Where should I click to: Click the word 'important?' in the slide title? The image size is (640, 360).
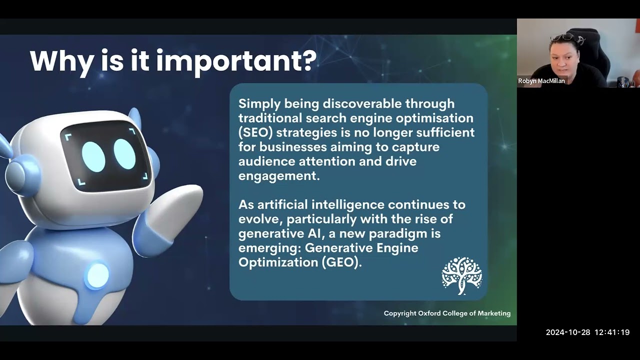pos(236,61)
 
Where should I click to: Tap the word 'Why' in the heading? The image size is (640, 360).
pos(61,61)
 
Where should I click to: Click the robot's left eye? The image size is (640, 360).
pos(93,156)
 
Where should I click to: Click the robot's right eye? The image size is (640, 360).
pos(124,153)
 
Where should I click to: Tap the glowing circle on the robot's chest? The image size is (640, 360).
pos(97,275)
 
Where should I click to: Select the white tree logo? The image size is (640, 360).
pos(461,275)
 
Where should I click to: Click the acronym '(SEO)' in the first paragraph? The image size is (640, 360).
pos(255,132)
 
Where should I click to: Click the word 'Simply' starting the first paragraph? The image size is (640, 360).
pos(259,103)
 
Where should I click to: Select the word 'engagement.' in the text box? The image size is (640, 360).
pos(278,176)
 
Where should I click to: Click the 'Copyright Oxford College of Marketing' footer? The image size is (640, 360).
pos(447,313)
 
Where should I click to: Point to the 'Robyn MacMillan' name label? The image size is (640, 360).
pos(541,81)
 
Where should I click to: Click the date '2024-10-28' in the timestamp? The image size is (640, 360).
pos(568,332)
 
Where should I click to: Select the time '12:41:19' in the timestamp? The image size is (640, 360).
pos(612,332)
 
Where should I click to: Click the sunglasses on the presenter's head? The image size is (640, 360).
pos(562,37)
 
